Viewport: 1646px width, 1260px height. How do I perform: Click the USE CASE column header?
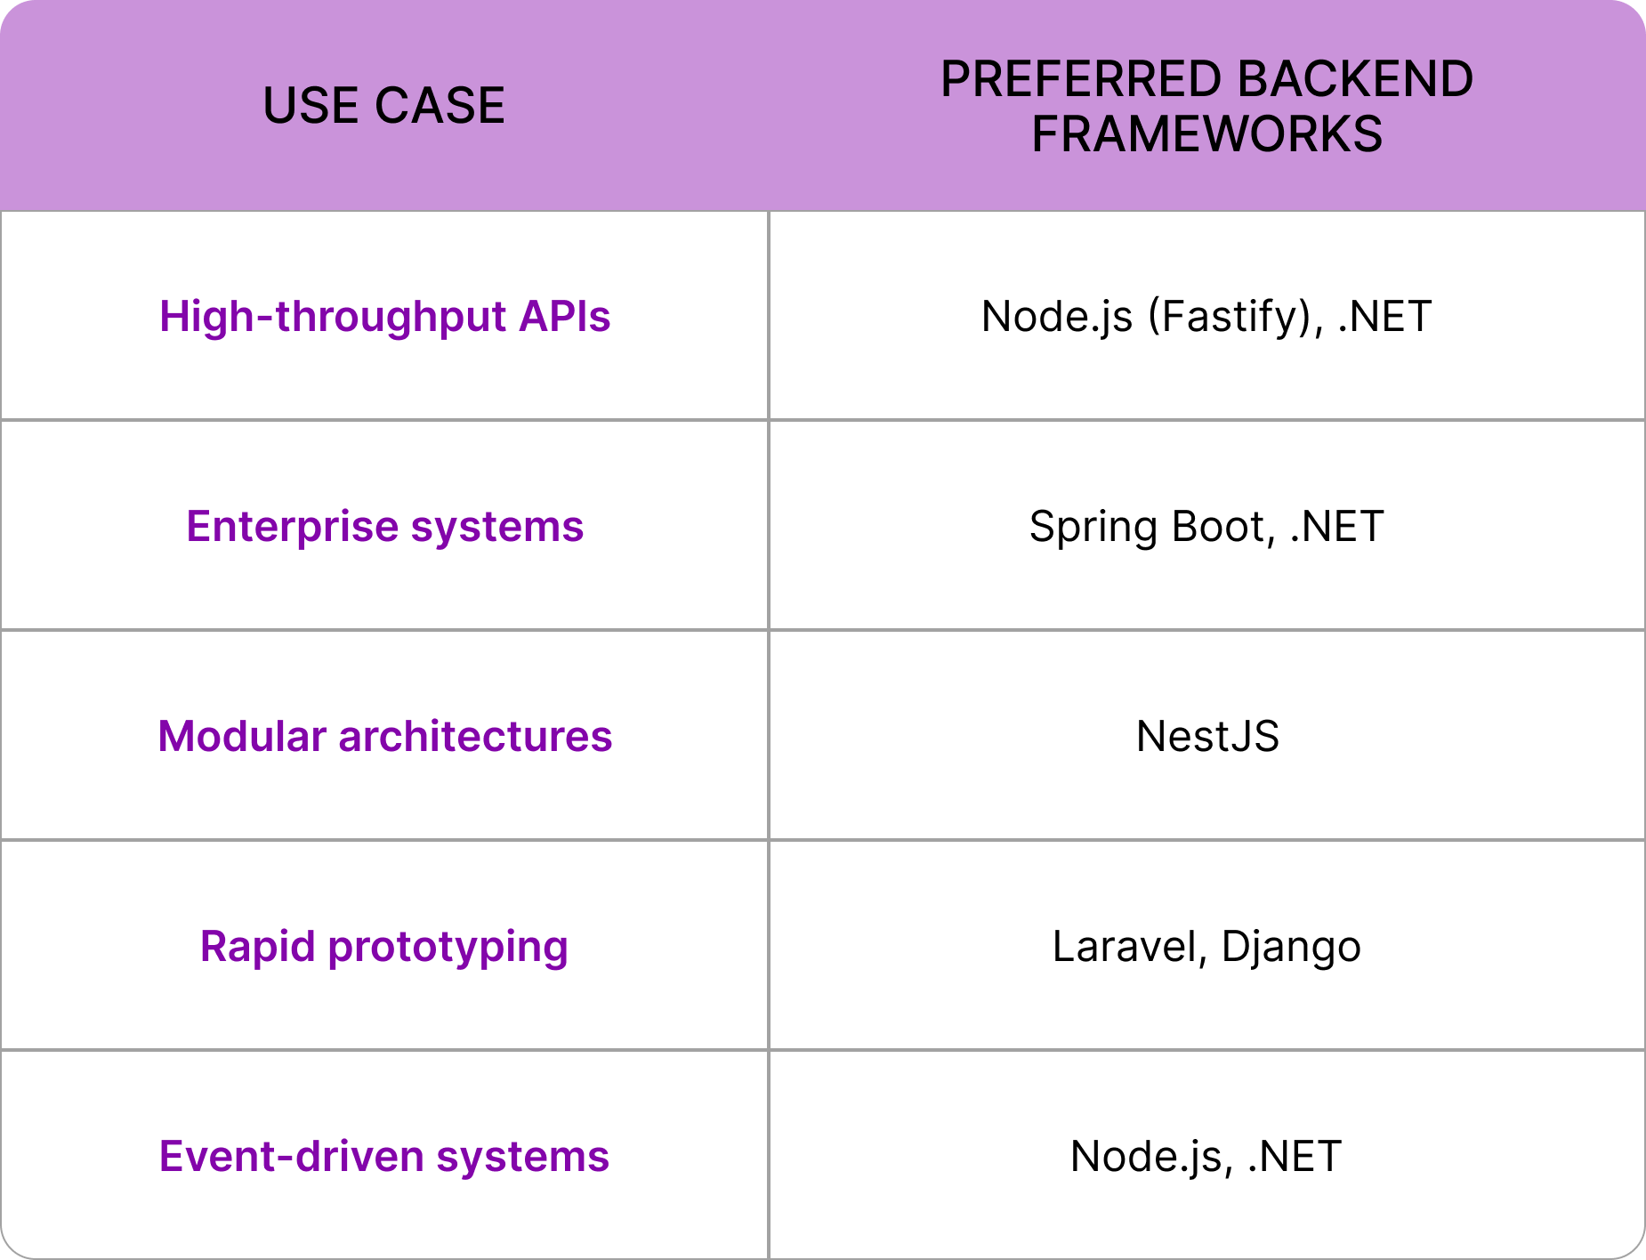coord(383,106)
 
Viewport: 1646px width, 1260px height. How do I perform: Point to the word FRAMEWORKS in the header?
coord(1206,134)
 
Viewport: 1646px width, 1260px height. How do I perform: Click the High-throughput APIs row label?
coord(384,317)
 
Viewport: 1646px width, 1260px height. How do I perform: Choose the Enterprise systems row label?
coord(384,527)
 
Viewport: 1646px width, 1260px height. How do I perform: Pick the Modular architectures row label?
coord(384,737)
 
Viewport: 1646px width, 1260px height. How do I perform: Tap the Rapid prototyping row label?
coord(384,947)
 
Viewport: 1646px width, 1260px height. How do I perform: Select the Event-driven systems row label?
coord(384,1157)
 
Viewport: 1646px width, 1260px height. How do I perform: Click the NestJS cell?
coord(1207,737)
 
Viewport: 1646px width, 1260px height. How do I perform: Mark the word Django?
coord(1291,947)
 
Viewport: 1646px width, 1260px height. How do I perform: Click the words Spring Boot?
coord(1146,527)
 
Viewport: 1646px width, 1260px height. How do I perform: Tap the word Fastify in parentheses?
coord(1227,317)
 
